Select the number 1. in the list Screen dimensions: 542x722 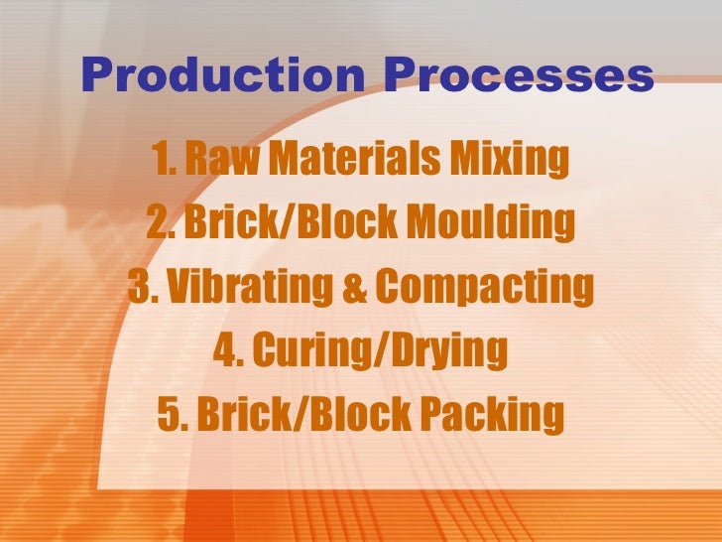(164, 158)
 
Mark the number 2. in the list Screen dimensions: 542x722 (162, 222)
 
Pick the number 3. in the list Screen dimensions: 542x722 (143, 287)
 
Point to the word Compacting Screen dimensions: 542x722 (483, 287)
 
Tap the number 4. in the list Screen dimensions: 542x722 (226, 350)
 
